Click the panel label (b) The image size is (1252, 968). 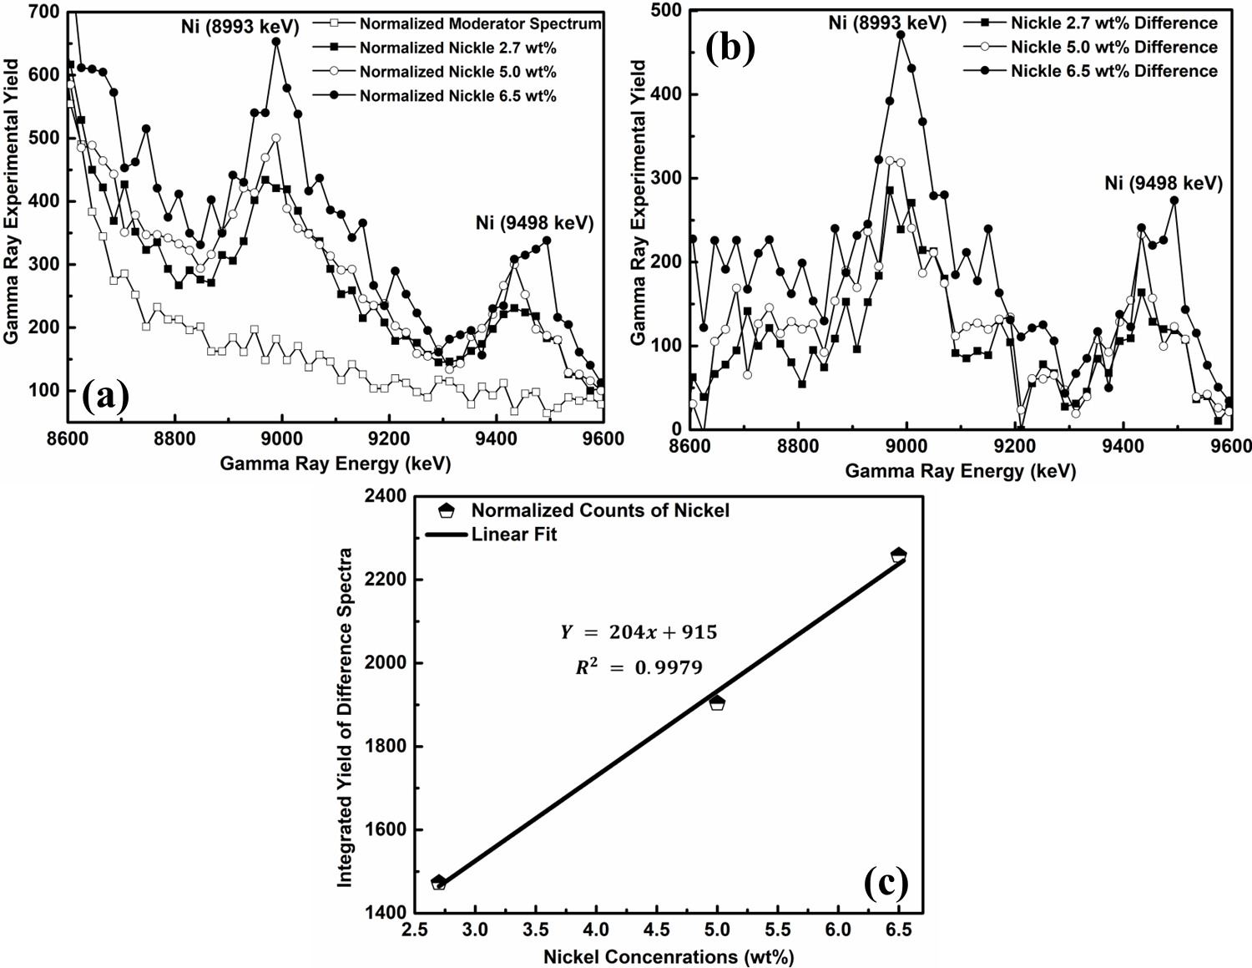tap(730, 49)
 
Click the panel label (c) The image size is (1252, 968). tap(886, 882)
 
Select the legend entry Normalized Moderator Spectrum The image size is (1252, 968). tap(480, 23)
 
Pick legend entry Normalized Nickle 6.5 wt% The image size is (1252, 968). tap(457, 96)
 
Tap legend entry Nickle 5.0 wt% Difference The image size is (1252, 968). tap(1113, 47)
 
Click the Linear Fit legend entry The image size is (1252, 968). tap(513, 535)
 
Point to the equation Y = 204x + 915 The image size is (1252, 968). tap(639, 632)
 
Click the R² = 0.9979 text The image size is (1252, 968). tap(639, 667)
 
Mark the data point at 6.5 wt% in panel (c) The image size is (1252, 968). tap(898, 555)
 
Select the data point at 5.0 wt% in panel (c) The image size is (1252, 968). tap(717, 702)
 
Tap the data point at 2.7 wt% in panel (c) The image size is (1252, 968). tap(439, 882)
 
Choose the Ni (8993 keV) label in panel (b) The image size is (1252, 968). tap(887, 23)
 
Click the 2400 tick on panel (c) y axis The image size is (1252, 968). tap(386, 496)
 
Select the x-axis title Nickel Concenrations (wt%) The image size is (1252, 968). tap(668, 957)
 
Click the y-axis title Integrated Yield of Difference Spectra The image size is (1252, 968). tap(346, 716)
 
